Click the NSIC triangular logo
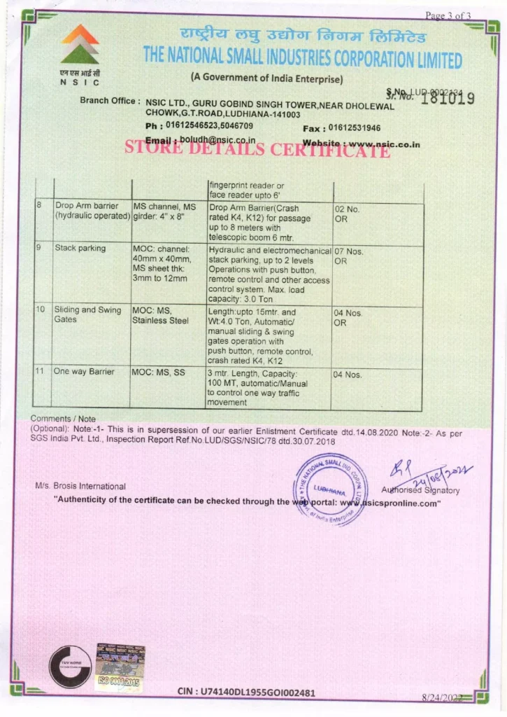pyautogui.click(x=80, y=44)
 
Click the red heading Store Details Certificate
pyautogui.click(x=257, y=148)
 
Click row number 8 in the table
pyautogui.click(x=41, y=207)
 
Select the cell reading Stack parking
pyautogui.click(x=80, y=248)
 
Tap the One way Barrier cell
pyautogui.click(x=84, y=372)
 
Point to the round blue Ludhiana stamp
pyautogui.click(x=329, y=488)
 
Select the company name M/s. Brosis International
pyautogui.click(x=80, y=486)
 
